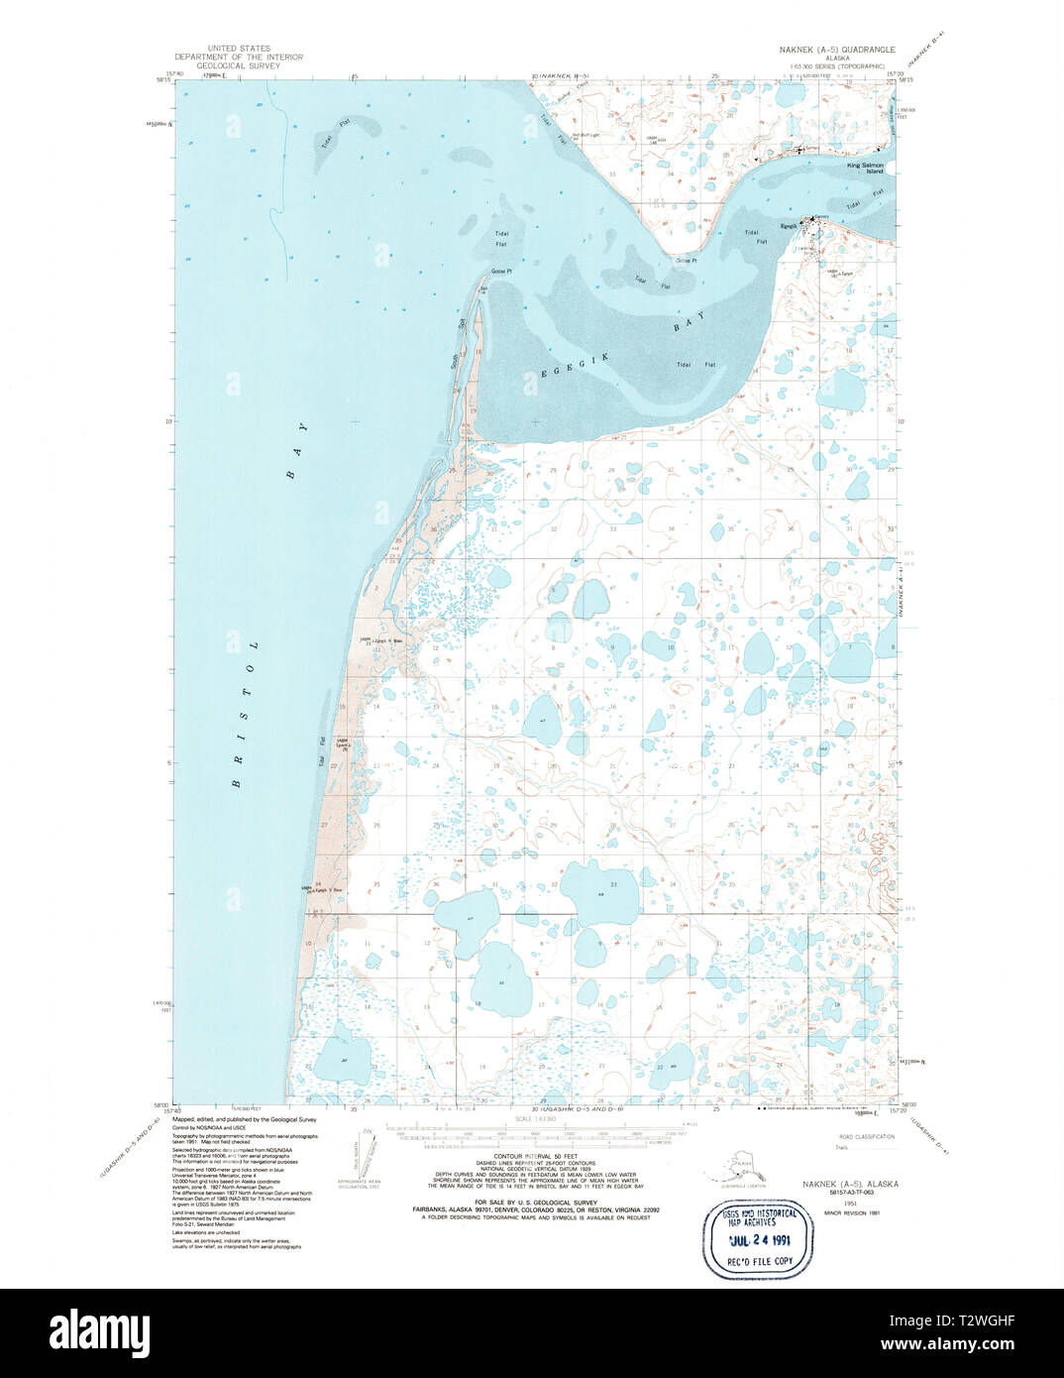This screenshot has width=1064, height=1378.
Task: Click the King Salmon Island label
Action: click(x=864, y=169)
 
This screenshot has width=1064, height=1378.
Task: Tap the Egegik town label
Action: click(x=789, y=226)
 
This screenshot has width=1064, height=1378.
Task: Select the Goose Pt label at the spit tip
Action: click(x=501, y=271)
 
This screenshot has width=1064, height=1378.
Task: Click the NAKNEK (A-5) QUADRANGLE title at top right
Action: click(x=837, y=49)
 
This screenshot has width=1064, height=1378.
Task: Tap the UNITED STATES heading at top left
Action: click(x=238, y=49)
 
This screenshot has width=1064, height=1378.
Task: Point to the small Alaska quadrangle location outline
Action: click(x=742, y=1167)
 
